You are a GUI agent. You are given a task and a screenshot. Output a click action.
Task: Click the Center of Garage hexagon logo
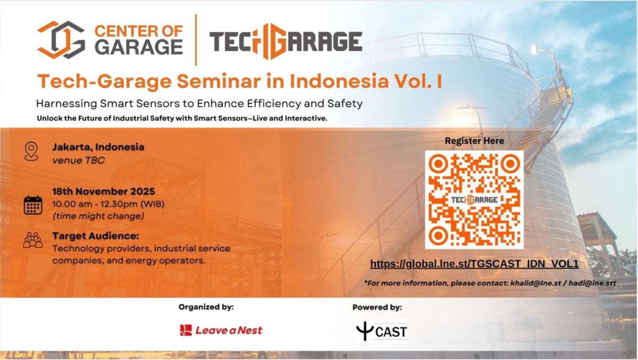click(x=61, y=40)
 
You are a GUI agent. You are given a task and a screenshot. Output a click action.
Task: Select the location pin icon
click(x=31, y=151)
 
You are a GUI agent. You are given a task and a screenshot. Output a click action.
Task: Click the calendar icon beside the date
click(x=33, y=205)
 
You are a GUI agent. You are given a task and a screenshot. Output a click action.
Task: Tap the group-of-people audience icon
click(x=33, y=240)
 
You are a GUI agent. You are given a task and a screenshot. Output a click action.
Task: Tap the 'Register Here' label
click(x=474, y=141)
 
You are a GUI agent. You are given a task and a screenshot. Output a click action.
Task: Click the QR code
click(x=474, y=199)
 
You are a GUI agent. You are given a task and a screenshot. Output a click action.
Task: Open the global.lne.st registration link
click(x=474, y=264)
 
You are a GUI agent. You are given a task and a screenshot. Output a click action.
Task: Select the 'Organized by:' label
click(x=206, y=307)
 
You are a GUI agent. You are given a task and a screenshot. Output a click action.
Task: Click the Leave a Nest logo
click(x=221, y=330)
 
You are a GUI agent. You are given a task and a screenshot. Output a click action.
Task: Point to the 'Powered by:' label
click(x=377, y=307)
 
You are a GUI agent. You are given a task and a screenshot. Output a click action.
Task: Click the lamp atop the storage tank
click(x=534, y=49)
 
